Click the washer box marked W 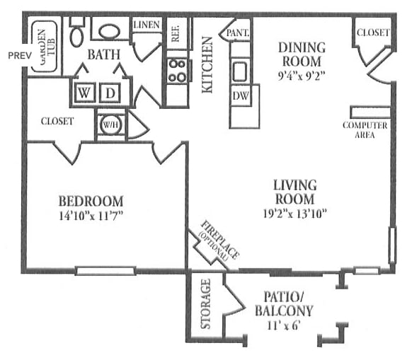[x=84, y=93]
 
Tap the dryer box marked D [x=110, y=93]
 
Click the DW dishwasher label [x=241, y=96]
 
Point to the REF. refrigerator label [x=176, y=33]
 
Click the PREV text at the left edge [x=20, y=55]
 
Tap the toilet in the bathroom [x=77, y=32]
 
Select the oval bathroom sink [x=109, y=32]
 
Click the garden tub [x=44, y=47]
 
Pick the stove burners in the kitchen [x=178, y=70]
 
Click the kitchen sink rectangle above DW [x=240, y=71]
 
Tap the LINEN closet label [x=147, y=25]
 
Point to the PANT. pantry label [x=238, y=33]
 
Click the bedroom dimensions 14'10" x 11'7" [x=91, y=216]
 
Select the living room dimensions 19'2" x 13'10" [x=294, y=213]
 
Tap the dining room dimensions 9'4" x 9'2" [x=302, y=76]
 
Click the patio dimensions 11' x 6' [x=284, y=326]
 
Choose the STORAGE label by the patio [x=205, y=304]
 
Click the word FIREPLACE [x=220, y=240]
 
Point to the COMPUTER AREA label [x=365, y=130]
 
